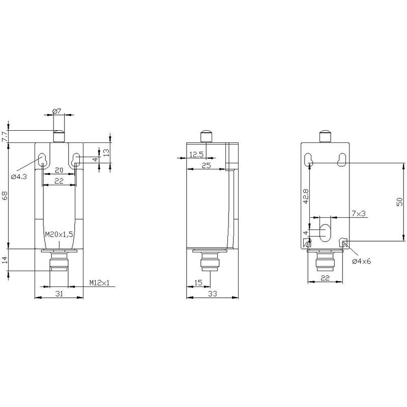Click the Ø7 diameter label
pos(57,111)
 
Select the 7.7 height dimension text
pos(5,136)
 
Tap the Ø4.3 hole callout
pos(19,177)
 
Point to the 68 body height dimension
pos(5,195)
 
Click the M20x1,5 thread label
pos(59,235)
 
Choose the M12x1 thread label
pos(100,283)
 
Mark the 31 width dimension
pos(60,294)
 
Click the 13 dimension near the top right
pos(106,152)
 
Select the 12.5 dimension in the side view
pos(196,155)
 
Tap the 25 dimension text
pos(207,166)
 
